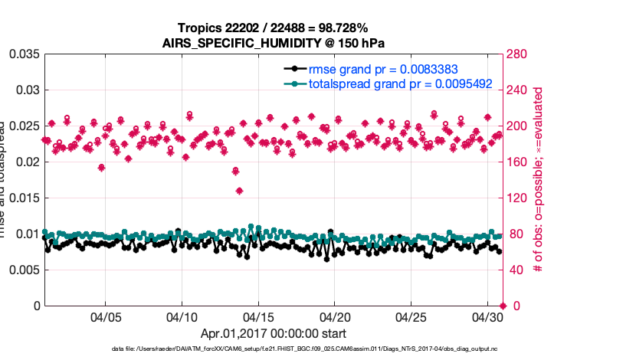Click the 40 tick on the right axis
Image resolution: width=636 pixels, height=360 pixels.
(518, 270)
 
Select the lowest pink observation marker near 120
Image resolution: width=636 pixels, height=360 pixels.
(239, 191)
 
